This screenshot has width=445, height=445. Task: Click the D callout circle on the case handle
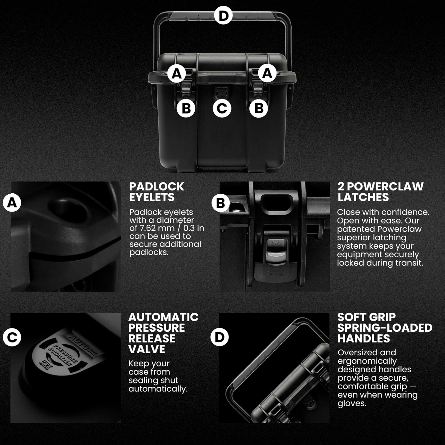pyautogui.click(x=223, y=15)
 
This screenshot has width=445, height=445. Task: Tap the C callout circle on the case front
pyautogui.click(x=222, y=108)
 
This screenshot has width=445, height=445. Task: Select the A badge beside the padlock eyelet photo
pyautogui.click(x=12, y=203)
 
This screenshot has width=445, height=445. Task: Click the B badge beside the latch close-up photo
pyautogui.click(x=220, y=203)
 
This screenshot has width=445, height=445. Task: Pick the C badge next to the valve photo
pyautogui.click(x=12, y=338)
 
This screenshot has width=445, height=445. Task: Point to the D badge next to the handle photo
pyautogui.click(x=219, y=337)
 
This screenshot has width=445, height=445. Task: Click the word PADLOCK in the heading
pyautogui.click(x=156, y=187)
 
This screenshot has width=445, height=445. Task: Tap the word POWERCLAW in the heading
pyautogui.click(x=386, y=187)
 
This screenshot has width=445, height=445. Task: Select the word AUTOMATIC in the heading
pyautogui.click(x=163, y=317)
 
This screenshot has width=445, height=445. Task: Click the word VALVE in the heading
pyautogui.click(x=147, y=349)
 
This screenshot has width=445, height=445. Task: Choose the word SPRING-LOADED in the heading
pyautogui.click(x=385, y=328)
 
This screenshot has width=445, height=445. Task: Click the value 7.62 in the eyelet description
pyautogui.click(x=149, y=228)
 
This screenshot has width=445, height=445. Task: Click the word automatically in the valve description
pyautogui.click(x=158, y=389)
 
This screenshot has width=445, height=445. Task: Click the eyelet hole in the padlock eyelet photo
pyautogui.click(x=67, y=210)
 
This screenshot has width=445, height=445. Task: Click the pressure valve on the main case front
pyautogui.click(x=222, y=93)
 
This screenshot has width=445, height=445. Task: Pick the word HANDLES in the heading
pyautogui.click(x=363, y=338)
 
